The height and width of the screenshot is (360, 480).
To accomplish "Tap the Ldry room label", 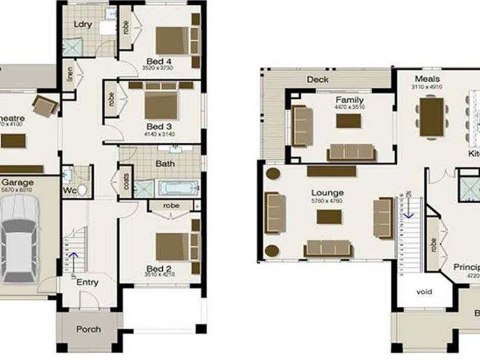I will click(82, 25).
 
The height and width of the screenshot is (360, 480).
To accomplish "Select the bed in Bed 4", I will click(172, 40).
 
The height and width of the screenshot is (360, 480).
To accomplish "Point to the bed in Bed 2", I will click(173, 247).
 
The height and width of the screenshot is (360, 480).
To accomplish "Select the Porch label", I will click(88, 329).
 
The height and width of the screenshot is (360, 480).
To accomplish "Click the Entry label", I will click(88, 282).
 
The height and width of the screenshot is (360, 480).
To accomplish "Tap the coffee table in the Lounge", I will click(329, 217).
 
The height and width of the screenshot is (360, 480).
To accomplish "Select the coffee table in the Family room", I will click(349, 121).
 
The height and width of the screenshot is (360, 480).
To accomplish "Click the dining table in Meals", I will click(431, 113).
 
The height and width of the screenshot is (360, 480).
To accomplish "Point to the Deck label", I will click(317, 79).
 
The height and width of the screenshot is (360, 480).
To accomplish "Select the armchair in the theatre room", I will click(44, 106).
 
